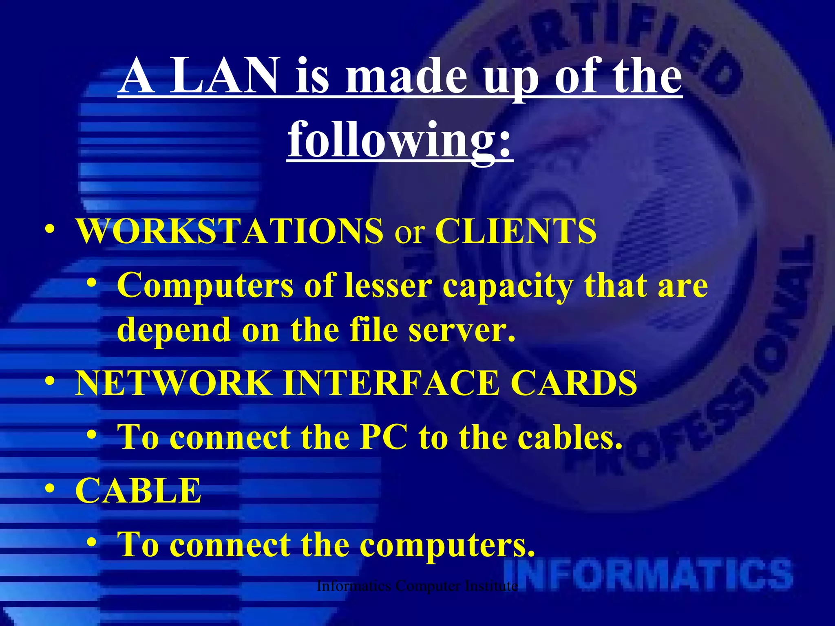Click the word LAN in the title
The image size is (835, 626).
click(223, 76)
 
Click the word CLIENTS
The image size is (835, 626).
click(516, 231)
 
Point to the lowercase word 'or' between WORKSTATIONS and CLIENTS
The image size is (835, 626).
click(409, 233)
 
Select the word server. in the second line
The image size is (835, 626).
click(462, 330)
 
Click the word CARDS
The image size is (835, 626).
click(574, 383)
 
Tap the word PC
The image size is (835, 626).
click(384, 437)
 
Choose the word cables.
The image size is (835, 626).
click(570, 437)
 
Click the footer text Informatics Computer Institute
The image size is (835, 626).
click(417, 586)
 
